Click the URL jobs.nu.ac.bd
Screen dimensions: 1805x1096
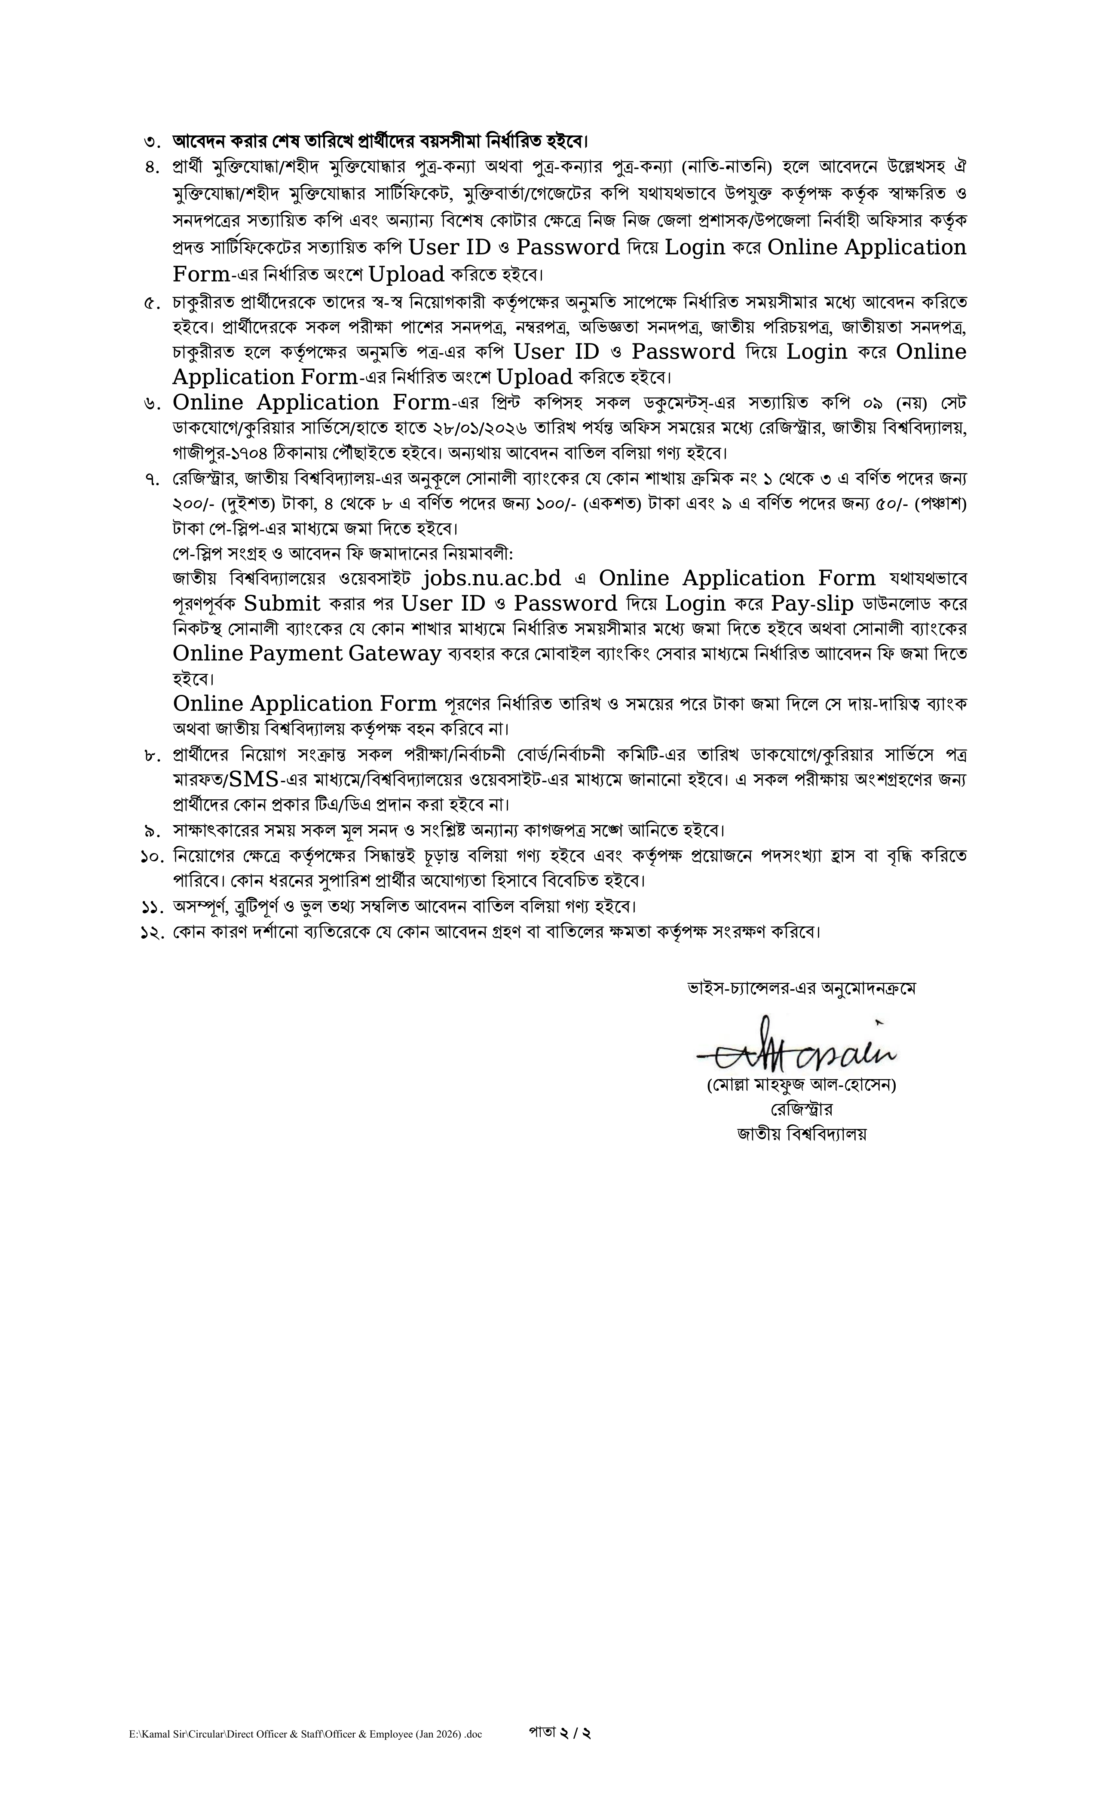pos(492,579)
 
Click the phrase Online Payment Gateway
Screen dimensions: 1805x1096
pos(307,653)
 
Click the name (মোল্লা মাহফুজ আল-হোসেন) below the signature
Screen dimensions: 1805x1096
pos(801,1085)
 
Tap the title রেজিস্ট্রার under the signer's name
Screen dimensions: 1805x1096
pos(801,1109)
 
